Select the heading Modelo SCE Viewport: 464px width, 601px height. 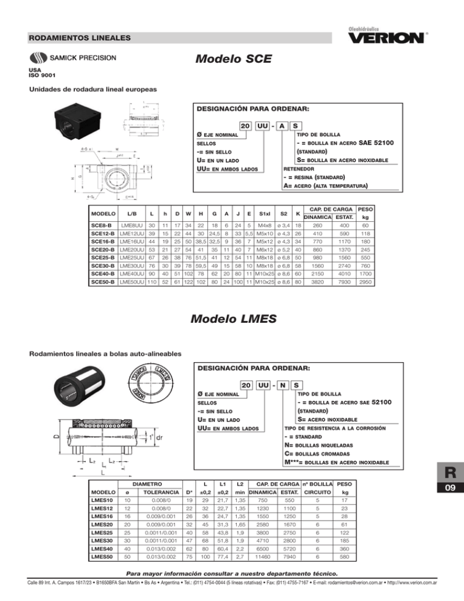point(233,60)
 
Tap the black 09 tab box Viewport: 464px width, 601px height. point(442,501)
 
